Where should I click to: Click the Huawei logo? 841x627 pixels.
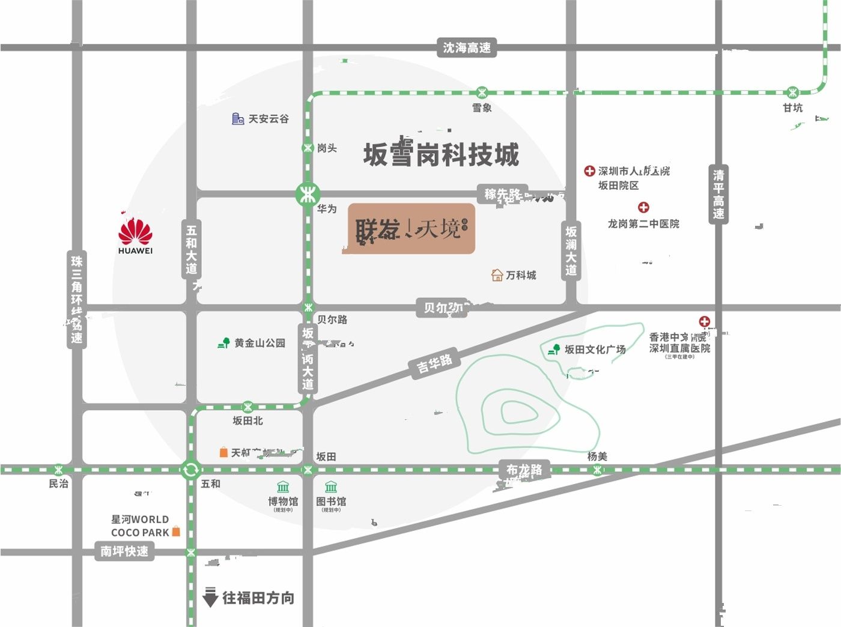(x=135, y=233)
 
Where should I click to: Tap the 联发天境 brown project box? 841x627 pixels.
(x=411, y=229)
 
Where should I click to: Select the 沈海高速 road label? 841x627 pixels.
(x=467, y=47)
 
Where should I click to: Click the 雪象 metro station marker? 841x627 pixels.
(x=482, y=92)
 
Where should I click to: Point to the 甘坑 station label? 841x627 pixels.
(x=792, y=108)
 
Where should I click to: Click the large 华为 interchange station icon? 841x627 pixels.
(x=308, y=193)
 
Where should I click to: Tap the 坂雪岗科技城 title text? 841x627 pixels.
(x=441, y=154)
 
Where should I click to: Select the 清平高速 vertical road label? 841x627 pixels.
(x=718, y=194)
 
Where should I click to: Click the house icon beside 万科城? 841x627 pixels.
(x=497, y=275)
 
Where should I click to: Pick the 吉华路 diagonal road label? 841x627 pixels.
(x=434, y=363)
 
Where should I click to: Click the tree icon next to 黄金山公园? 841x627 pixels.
(x=224, y=343)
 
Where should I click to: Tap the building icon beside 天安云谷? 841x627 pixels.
(x=238, y=119)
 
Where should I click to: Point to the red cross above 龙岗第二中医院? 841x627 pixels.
(x=643, y=208)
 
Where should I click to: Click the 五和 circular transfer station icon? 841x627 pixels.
(x=190, y=469)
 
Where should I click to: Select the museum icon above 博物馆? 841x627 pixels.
(x=283, y=486)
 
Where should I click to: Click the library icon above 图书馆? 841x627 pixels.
(x=331, y=486)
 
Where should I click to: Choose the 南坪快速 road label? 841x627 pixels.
(x=124, y=551)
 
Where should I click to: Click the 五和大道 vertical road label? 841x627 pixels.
(x=191, y=249)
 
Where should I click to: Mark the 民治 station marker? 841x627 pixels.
(x=58, y=469)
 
